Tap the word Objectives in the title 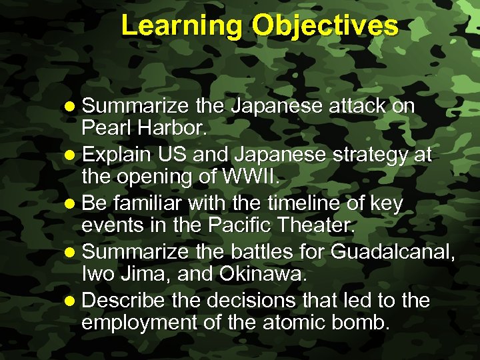tap(325, 26)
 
